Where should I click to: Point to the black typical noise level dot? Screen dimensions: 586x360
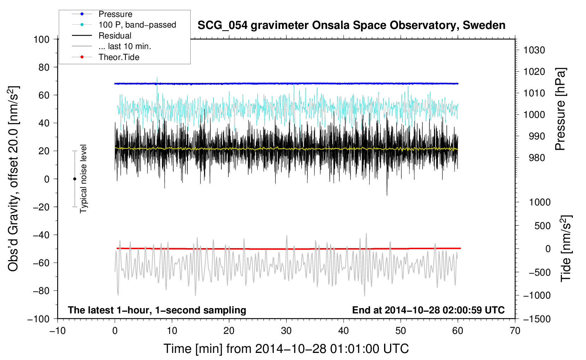pyautogui.click(x=74, y=179)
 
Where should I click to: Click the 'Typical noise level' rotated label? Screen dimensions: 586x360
pyautogui.click(x=83, y=179)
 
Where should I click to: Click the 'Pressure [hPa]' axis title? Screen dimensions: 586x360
pyautogui.click(x=560, y=109)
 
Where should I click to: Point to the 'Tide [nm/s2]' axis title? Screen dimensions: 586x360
pyautogui.click(x=566, y=248)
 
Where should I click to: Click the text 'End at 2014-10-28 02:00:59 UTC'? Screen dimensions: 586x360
pyautogui.click(x=428, y=310)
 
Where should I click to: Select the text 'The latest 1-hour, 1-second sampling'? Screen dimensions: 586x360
pyautogui.click(x=157, y=310)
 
